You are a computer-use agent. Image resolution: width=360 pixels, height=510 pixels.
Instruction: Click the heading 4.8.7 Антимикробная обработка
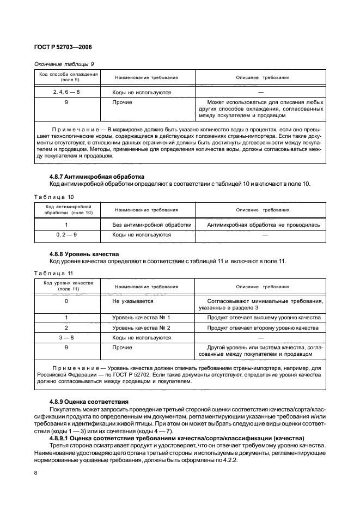click(96, 177)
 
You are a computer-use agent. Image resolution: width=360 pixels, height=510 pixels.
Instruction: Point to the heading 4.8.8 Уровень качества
click(82, 254)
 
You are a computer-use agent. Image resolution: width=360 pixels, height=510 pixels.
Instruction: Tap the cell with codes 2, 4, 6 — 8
click(66, 92)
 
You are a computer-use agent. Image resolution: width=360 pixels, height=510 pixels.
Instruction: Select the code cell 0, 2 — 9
click(66, 235)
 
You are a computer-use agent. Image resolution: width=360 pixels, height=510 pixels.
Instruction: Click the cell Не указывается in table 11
click(132, 301)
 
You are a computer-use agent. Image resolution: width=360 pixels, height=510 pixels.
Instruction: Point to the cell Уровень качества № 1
click(141, 317)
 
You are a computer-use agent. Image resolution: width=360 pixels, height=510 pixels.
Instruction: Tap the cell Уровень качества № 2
click(141, 328)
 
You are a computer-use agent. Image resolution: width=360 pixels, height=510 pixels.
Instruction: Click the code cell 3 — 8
click(66, 338)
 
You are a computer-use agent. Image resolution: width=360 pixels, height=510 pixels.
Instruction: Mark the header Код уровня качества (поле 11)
click(66, 286)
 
